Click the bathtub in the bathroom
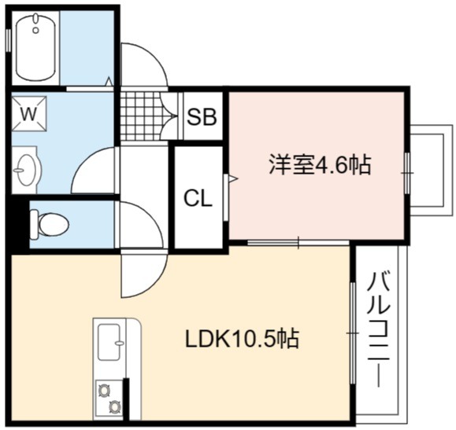point(35,47)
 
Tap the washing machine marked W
point(29,113)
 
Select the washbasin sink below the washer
point(25,170)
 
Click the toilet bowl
point(50,225)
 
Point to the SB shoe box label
point(202,116)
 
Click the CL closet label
point(198,199)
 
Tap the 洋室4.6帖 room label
point(320,164)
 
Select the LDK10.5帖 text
point(242,339)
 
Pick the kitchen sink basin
point(109,342)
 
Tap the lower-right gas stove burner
point(114,406)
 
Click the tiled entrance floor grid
point(140,116)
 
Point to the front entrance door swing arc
point(154,57)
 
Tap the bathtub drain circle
point(35,30)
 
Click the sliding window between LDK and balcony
point(353,333)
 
